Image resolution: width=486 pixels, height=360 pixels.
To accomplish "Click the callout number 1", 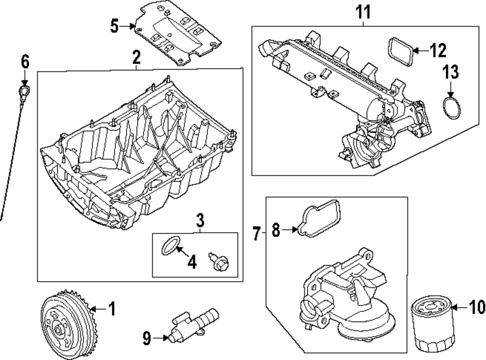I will coord(112,308).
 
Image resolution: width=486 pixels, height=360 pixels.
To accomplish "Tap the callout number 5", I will coord(114,26).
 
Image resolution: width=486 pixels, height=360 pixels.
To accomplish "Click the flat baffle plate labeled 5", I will coord(177,36).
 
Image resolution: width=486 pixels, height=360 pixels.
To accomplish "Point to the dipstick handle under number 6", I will coord(25,91).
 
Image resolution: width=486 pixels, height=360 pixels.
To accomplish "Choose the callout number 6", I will coord(25,62).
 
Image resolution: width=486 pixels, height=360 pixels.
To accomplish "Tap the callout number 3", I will coord(200,221).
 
